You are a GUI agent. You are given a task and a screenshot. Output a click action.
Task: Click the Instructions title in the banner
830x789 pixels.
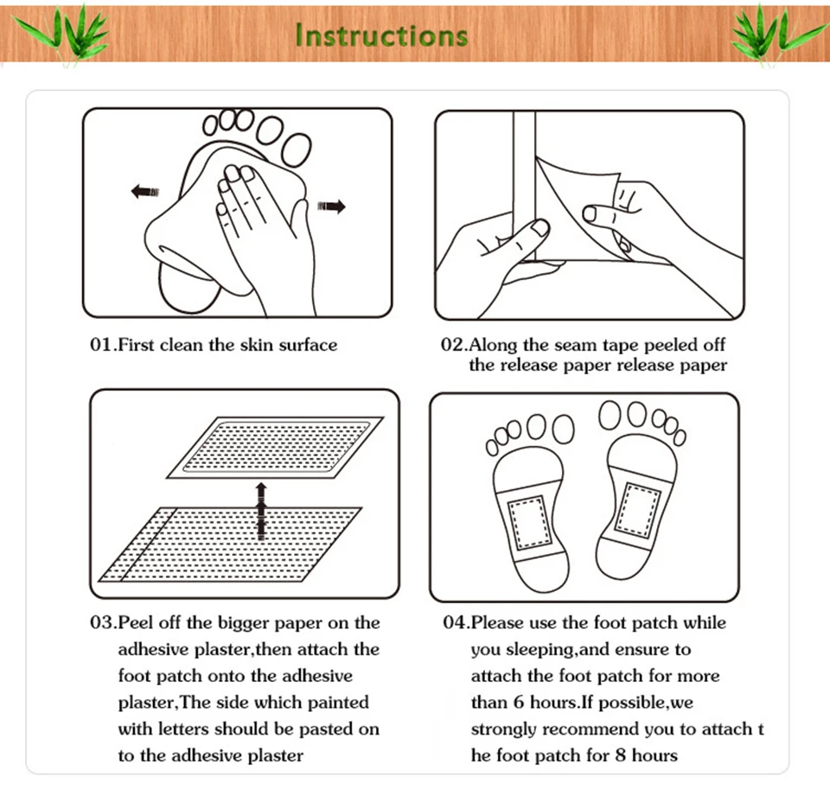[381, 35]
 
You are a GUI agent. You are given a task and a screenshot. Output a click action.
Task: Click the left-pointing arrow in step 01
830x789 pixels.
[144, 191]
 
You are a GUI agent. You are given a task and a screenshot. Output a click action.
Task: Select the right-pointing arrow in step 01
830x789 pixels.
[331, 206]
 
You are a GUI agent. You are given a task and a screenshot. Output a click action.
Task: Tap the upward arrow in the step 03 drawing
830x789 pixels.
[260, 512]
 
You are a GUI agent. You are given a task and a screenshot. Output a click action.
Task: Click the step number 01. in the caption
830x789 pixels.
[103, 345]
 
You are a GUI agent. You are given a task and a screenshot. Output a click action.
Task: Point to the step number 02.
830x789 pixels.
[454, 345]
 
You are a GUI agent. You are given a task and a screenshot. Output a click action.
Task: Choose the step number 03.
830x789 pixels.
[103, 622]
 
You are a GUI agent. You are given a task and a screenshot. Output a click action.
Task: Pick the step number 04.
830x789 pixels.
[456, 622]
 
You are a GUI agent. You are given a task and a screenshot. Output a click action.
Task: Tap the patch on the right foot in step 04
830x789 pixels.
[638, 509]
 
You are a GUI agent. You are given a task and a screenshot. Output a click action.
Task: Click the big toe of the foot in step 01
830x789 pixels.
[297, 150]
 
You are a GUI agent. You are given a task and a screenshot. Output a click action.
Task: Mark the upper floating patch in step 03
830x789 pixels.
[275, 448]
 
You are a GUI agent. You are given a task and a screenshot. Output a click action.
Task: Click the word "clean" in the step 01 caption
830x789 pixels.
[181, 345]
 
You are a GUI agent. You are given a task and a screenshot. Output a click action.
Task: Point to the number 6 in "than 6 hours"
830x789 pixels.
[519, 703]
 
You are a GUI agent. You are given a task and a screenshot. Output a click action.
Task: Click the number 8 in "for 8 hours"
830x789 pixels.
[621, 755]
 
